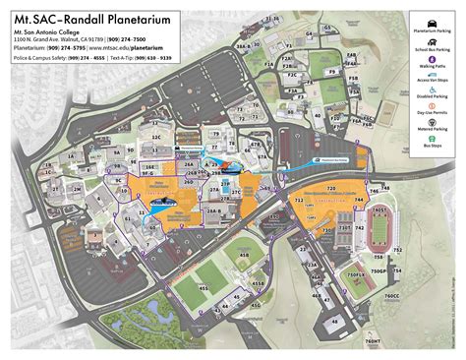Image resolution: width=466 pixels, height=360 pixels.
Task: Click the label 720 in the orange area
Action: pyautogui.click(x=330, y=187)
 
